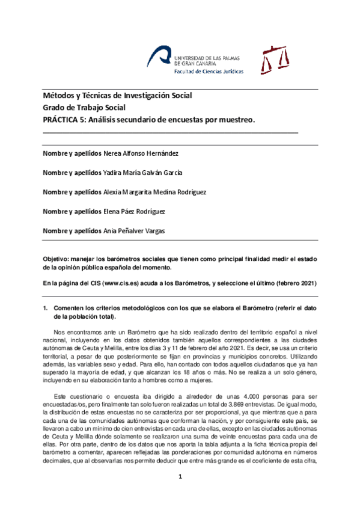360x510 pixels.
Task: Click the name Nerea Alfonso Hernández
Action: coord(141,153)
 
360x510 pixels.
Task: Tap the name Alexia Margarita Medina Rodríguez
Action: coord(155,192)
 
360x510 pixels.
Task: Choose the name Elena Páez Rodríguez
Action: coord(135,212)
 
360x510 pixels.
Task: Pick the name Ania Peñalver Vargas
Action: coord(136,231)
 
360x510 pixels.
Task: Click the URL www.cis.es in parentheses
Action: coord(125,283)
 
